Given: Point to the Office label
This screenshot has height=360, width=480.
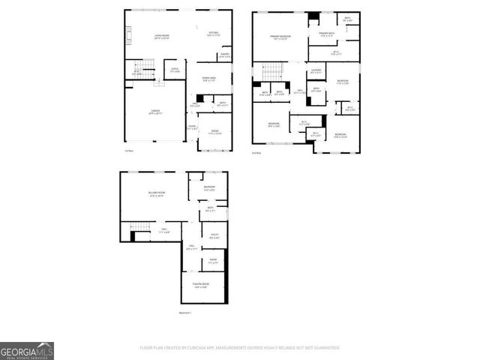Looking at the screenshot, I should coord(175,70).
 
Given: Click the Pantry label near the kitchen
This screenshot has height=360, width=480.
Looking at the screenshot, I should coord(224,55).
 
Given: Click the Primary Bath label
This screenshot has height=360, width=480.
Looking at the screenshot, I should coord(326,34).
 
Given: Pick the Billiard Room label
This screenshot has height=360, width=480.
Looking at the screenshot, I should coord(156,195).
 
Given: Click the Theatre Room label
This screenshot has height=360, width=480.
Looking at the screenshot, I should coord(201,285).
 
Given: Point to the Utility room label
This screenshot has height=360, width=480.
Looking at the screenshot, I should coord(214,237).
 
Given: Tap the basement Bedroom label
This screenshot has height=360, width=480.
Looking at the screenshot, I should coord(210,188).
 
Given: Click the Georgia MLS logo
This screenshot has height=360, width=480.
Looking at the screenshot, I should coord(27,351).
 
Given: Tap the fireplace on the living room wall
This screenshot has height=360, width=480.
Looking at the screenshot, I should coord(127,34).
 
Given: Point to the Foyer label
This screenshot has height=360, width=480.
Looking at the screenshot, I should coord(193,127).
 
